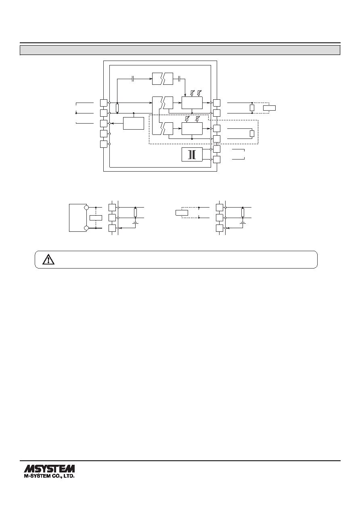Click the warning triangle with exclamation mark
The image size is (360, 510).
click(48, 259)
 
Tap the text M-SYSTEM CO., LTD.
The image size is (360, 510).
click(49, 476)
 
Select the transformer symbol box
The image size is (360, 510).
click(192, 155)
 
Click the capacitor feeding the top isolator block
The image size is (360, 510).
click(133, 79)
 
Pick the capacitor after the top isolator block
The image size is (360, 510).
click(179, 79)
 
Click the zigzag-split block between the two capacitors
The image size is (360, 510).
click(163, 79)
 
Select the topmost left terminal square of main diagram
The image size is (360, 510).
click(104, 103)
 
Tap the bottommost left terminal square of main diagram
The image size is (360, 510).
click(104, 144)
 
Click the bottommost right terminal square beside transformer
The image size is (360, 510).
click(217, 160)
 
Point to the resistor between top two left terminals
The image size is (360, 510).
click(117, 108)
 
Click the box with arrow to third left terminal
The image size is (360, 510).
click(134, 124)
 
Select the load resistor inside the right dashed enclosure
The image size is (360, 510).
click(252, 134)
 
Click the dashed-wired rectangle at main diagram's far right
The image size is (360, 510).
click(270, 108)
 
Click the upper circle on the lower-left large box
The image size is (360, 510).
click(86, 208)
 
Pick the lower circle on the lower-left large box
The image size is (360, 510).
click(86, 228)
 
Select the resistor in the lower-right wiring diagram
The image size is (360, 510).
click(243, 213)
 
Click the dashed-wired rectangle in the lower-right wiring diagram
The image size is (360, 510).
click(182, 213)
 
